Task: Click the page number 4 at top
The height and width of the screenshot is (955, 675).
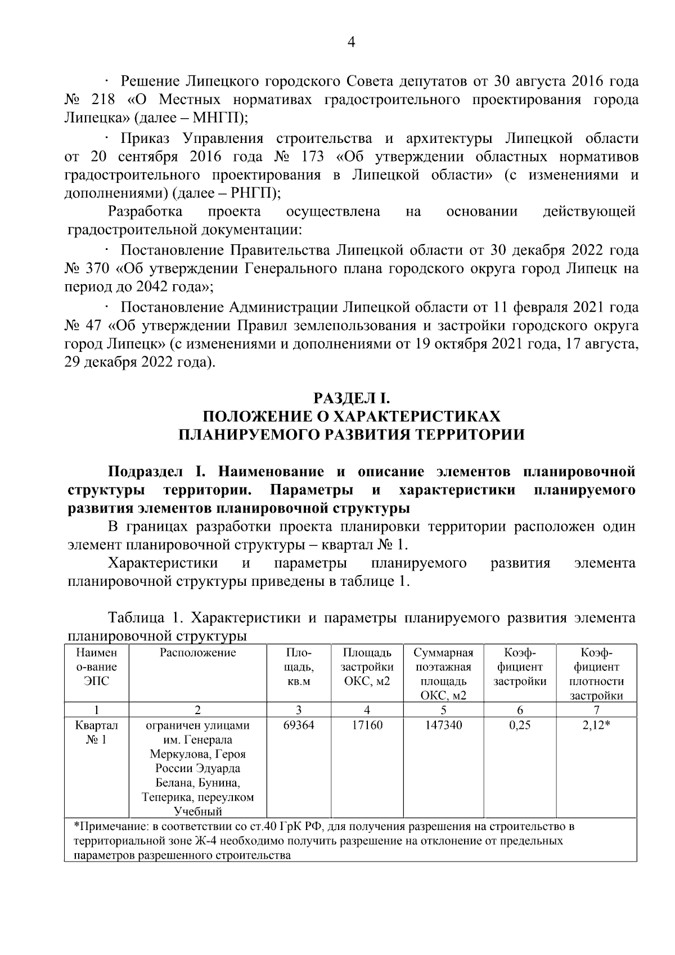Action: coord(352,43)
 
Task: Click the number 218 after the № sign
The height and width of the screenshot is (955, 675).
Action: coord(103,100)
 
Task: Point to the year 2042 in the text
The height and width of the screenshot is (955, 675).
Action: coord(150,287)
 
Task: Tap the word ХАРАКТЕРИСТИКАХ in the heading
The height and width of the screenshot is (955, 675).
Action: coord(416,416)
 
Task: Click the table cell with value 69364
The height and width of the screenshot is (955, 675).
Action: coord(298,725)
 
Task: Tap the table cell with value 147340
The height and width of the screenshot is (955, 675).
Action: coord(443,725)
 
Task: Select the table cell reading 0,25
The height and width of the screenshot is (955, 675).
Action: coord(520,725)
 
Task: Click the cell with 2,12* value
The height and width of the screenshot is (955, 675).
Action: coord(596,725)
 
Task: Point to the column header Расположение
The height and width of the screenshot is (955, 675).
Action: coord(198,653)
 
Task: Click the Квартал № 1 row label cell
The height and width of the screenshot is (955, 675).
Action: coord(97,733)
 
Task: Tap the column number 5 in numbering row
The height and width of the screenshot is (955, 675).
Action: coord(443,710)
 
